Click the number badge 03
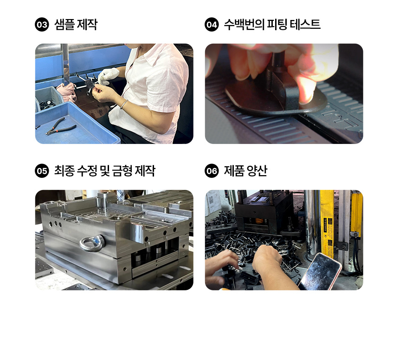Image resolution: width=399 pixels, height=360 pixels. [x=42, y=25]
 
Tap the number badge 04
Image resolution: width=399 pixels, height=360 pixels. [x=212, y=25]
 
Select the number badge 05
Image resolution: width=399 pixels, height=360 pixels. [x=42, y=170]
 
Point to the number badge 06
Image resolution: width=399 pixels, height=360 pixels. [x=212, y=170]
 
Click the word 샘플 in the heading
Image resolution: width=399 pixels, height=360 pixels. [x=64, y=25]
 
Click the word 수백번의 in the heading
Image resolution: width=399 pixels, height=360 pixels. [x=244, y=25]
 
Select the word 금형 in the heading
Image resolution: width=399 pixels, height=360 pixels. [x=122, y=170]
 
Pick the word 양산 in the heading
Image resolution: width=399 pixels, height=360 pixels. [x=257, y=170]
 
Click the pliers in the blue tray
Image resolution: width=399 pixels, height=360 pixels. [x=61, y=126]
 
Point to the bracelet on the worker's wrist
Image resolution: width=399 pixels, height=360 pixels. [x=124, y=105]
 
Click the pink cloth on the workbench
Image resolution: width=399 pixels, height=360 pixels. [x=67, y=92]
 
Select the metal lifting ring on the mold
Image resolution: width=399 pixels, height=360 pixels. [x=92, y=244]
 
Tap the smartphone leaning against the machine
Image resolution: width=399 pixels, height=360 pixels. [x=321, y=272]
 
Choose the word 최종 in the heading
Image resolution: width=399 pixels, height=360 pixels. [x=64, y=170]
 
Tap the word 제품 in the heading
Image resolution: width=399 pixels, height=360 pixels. [x=234, y=170]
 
